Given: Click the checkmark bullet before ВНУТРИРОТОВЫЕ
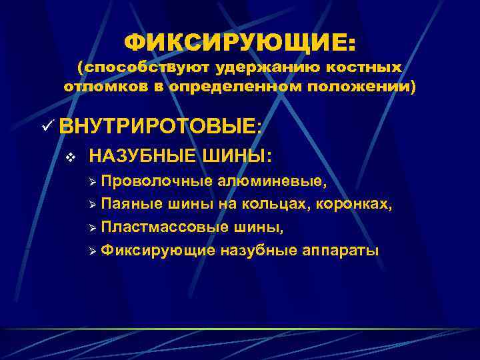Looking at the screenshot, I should click(x=47, y=125).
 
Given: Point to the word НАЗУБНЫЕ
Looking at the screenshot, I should click(x=141, y=157).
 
